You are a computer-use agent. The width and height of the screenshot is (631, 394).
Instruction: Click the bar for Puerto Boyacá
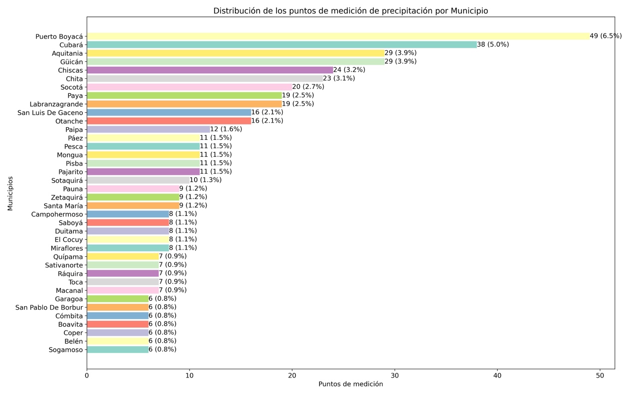(x=338, y=36)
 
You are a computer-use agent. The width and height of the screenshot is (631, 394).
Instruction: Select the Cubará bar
(x=282, y=44)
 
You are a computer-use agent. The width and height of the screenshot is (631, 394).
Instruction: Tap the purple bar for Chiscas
(x=210, y=70)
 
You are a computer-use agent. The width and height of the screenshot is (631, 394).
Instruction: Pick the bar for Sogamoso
(x=118, y=350)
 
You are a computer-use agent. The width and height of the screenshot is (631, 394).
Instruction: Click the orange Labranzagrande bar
(x=185, y=104)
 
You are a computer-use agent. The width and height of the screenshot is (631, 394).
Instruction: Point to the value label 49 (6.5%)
(x=606, y=36)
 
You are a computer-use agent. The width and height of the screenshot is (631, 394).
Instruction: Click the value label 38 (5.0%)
(x=493, y=44)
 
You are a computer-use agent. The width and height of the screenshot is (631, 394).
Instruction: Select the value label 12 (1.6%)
(x=226, y=129)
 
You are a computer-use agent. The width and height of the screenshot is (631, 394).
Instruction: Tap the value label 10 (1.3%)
(x=206, y=180)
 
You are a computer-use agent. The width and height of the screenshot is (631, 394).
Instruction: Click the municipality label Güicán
(x=70, y=61)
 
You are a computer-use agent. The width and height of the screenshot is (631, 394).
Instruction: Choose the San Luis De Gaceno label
(x=50, y=112)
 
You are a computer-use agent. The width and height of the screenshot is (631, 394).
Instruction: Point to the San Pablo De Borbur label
(x=49, y=307)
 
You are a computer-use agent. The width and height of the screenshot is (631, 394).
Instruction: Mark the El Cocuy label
(x=69, y=239)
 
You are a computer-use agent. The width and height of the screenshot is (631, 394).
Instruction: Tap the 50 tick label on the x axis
(x=600, y=375)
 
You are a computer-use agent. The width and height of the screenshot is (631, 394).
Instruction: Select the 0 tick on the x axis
(x=87, y=375)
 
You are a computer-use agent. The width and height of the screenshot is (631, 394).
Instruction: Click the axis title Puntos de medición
(x=351, y=384)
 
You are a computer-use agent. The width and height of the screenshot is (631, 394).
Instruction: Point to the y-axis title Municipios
(x=10, y=193)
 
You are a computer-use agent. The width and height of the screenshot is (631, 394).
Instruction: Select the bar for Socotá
(x=190, y=87)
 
